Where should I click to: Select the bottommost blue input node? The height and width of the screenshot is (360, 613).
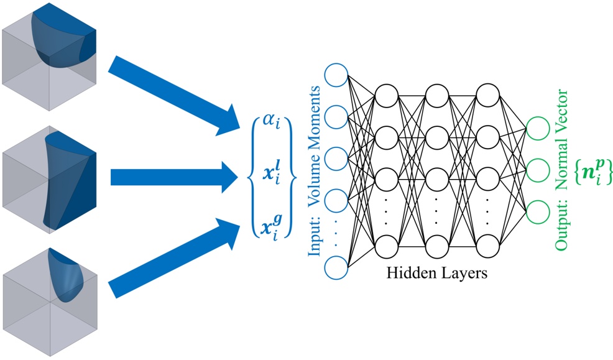336,269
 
